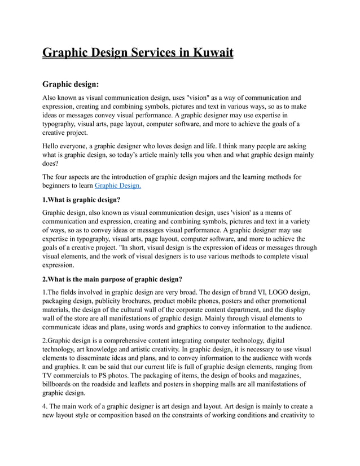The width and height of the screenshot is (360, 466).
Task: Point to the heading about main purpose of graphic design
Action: point(112,279)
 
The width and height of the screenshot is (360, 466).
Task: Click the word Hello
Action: point(52,145)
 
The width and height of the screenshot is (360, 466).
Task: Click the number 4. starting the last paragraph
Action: point(46,406)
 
